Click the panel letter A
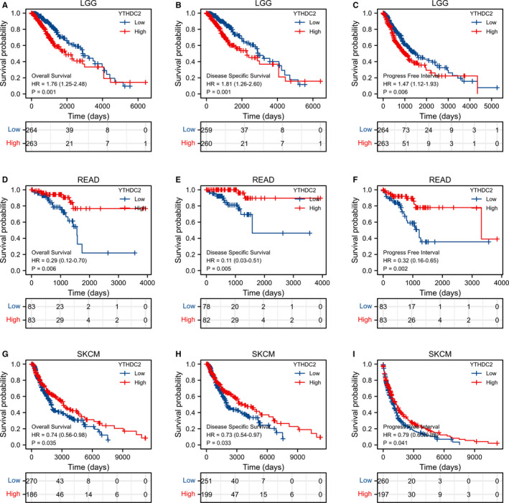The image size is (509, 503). (5, 5)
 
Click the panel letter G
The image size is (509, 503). (5, 351)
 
